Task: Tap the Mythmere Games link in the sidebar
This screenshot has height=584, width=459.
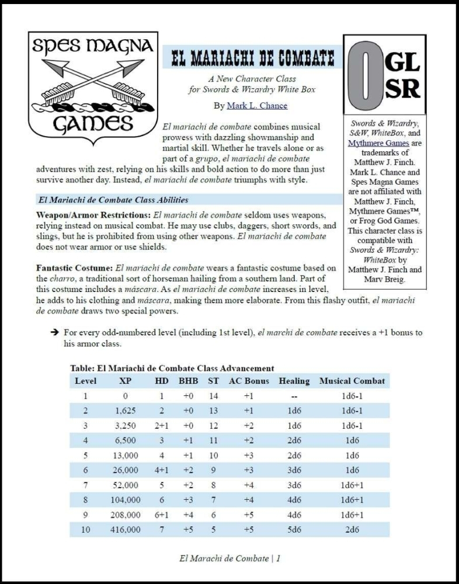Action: point(371,142)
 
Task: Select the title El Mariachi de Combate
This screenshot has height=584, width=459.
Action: point(253,58)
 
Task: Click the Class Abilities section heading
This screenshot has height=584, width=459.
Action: point(114,199)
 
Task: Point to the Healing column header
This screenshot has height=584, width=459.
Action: point(294,381)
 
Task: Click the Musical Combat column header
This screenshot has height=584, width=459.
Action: point(352,381)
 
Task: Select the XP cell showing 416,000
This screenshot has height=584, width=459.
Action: point(125,530)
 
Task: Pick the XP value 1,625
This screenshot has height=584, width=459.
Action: point(125,411)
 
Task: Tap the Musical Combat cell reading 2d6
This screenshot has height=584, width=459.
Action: point(352,530)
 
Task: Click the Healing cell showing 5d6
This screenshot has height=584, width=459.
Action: point(294,530)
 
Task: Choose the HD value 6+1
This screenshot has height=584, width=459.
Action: point(161,515)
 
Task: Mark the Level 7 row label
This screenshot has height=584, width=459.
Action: point(85,485)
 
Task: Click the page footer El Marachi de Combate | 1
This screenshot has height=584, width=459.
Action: point(229,558)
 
